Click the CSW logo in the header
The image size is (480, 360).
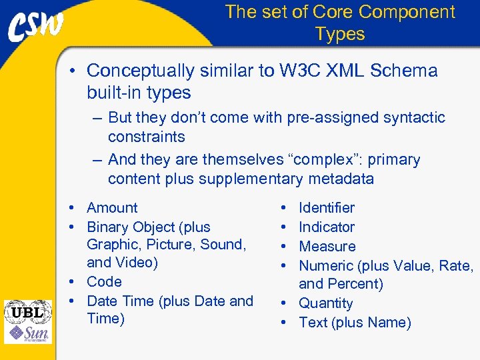click(x=36, y=27)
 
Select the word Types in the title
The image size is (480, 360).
click(x=340, y=34)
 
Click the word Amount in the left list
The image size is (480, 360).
click(x=112, y=208)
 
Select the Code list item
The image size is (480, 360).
click(x=104, y=281)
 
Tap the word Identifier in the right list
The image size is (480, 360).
click(x=327, y=208)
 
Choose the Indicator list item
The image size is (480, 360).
click(x=327, y=227)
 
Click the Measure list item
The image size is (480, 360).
click(x=327, y=247)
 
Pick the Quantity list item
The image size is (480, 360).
click(x=326, y=303)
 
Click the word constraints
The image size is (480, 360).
click(x=147, y=137)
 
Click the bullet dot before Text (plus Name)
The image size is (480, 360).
click(x=283, y=323)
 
